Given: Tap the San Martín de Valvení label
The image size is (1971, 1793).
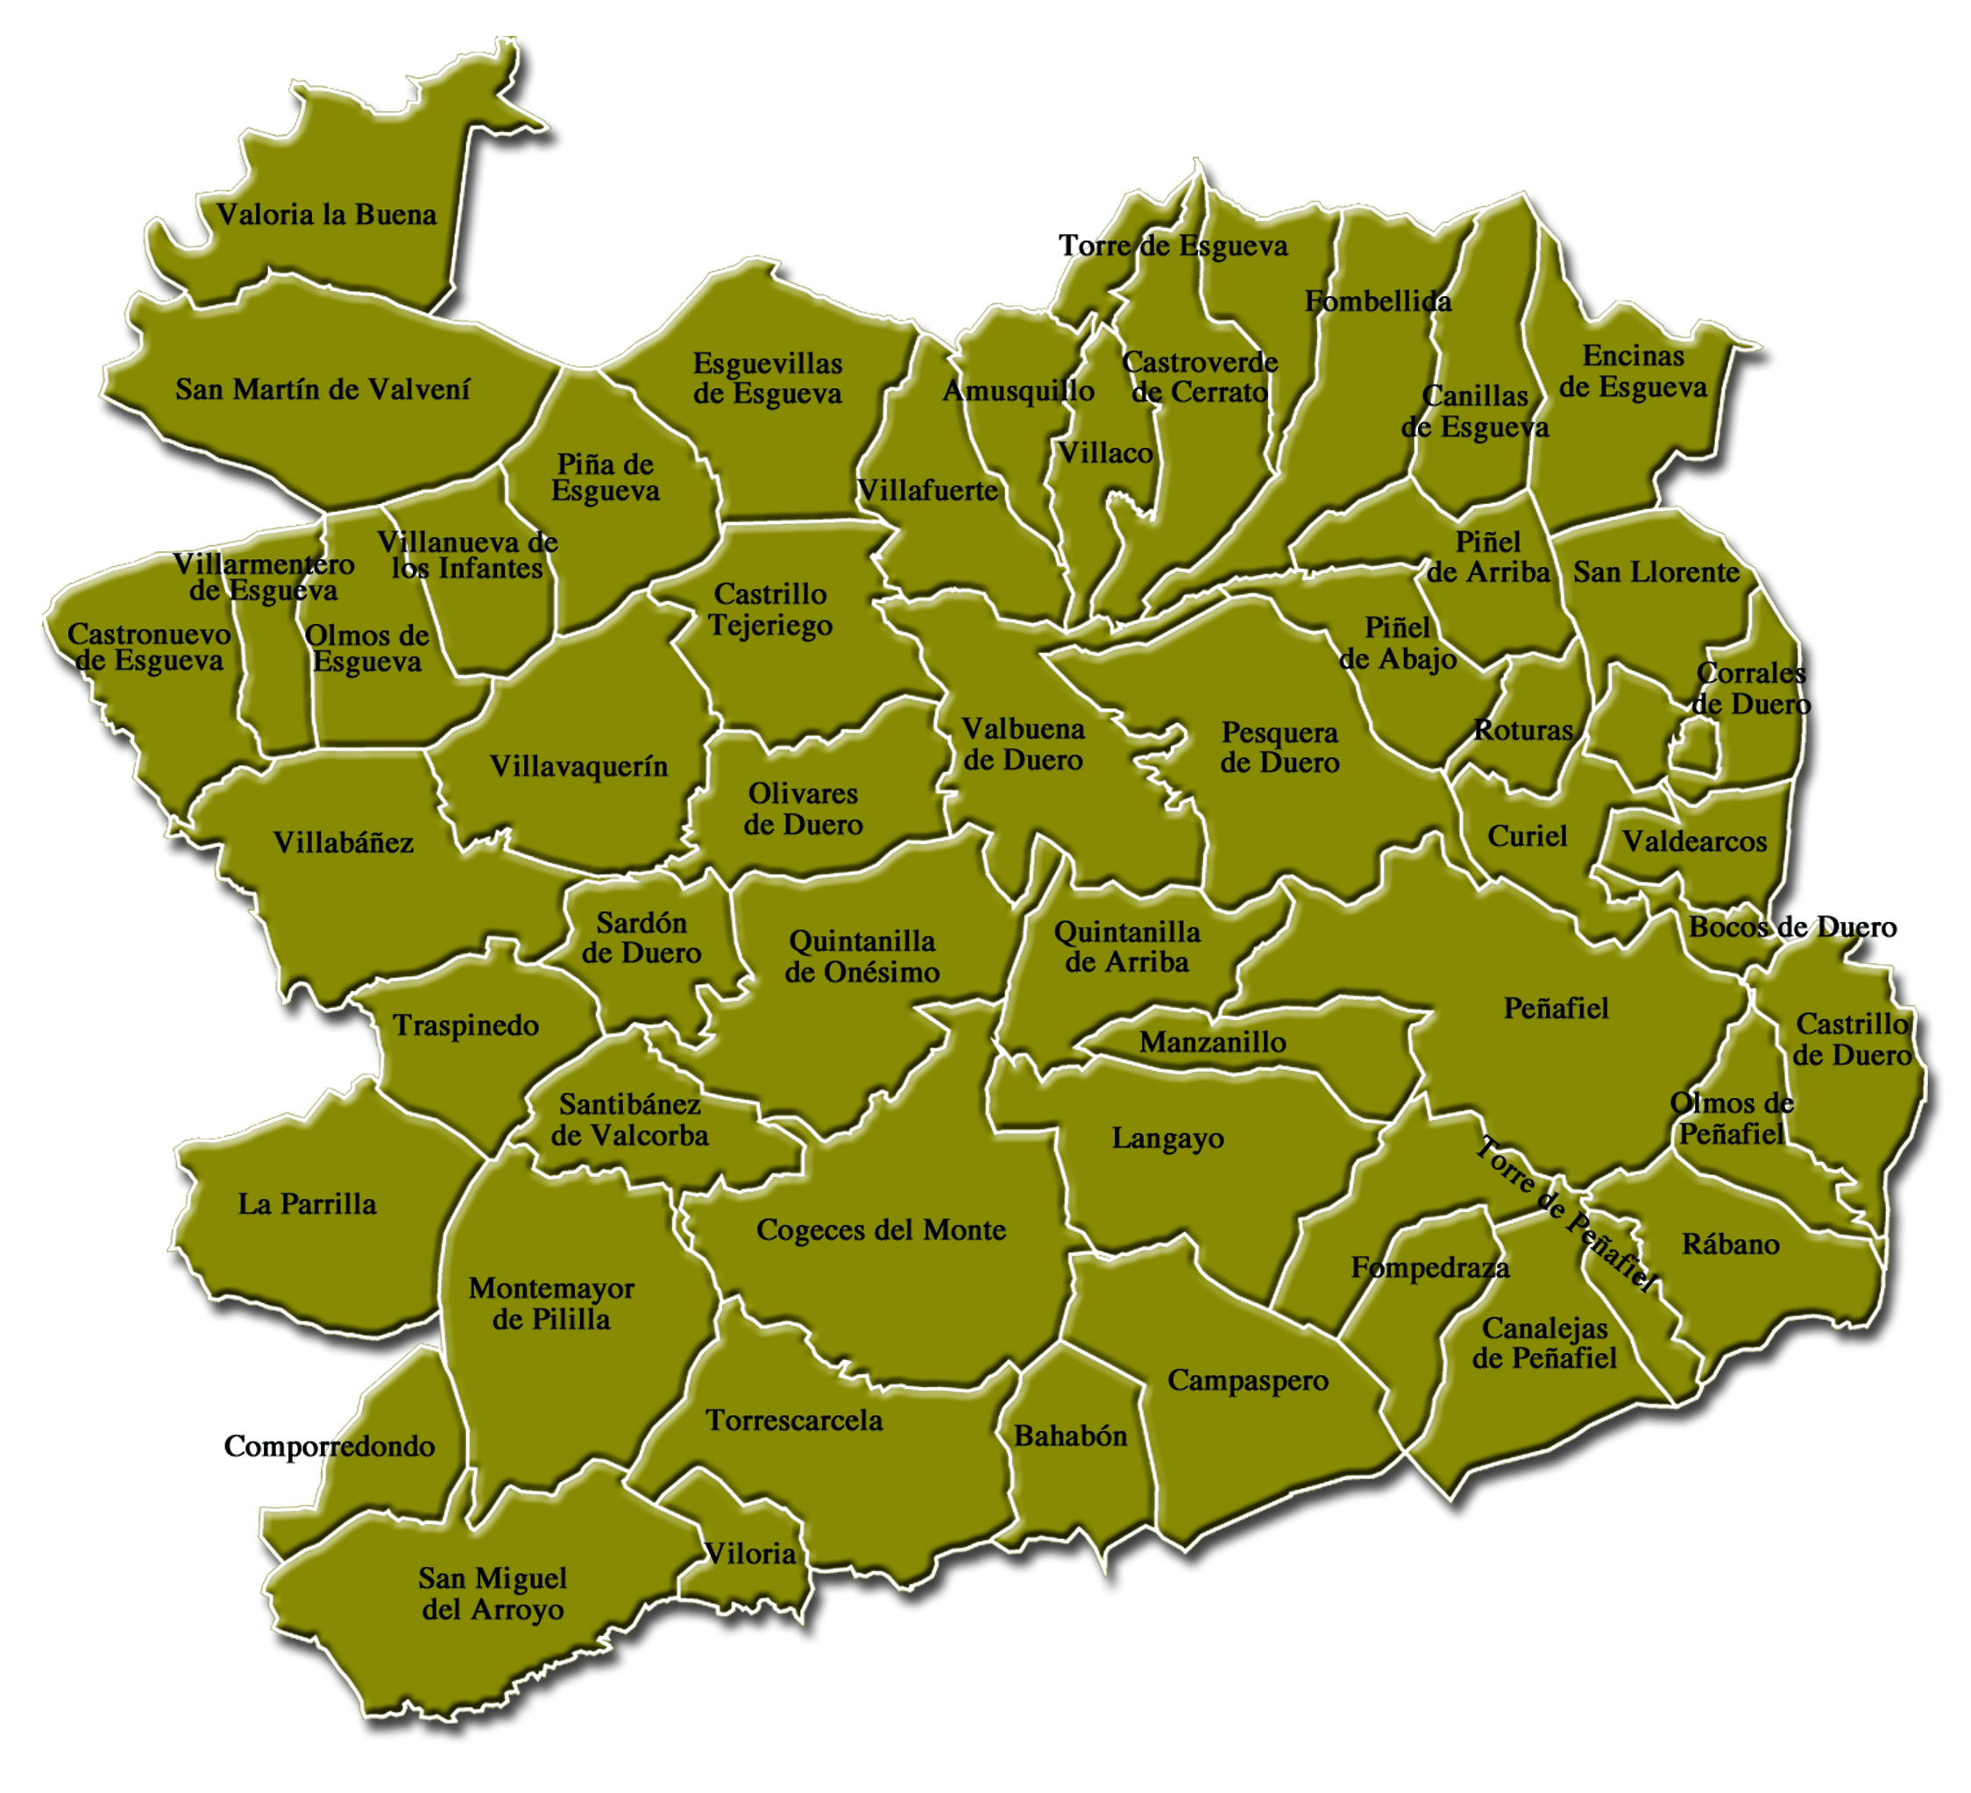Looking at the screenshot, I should point(323,389).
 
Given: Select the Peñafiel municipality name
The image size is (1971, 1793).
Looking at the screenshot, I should point(1556,1008).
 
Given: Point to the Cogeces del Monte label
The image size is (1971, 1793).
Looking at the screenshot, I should point(881,1230).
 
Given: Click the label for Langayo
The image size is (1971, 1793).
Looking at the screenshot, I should point(1167,1139).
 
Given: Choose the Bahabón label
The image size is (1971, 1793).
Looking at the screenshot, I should point(1071,1436).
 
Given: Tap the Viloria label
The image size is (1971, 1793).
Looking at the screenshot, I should point(750,1554).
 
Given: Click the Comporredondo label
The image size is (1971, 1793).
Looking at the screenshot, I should point(330,1446).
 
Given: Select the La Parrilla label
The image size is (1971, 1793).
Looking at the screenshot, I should point(307,1203).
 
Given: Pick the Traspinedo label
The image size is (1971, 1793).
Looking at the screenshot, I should point(466,1025).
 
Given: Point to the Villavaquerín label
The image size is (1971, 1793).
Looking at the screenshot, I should point(578,767).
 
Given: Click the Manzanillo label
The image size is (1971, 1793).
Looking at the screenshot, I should point(1212,1042).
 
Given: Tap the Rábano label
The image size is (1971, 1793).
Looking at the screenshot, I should point(1731,1244).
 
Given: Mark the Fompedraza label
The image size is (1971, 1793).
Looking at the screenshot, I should point(1429,1268).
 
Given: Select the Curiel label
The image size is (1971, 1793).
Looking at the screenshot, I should point(1528,836).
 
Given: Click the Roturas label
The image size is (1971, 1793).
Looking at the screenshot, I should point(1523,730).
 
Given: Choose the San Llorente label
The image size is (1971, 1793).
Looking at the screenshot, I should point(1656,572).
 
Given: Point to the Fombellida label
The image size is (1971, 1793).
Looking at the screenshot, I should point(1378,301).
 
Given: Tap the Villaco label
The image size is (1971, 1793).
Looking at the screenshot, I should point(1106,453).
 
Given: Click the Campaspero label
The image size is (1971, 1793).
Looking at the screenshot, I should point(1247,1380).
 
